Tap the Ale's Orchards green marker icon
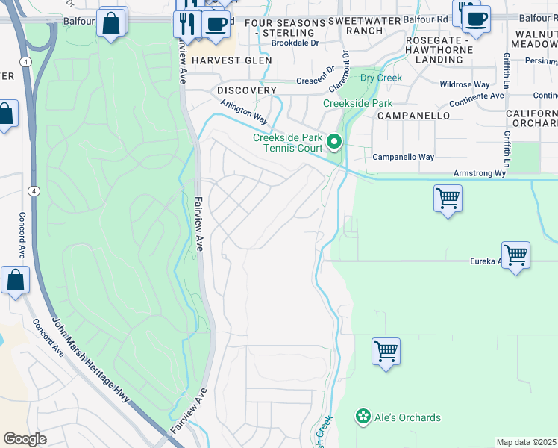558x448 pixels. [x=363, y=417]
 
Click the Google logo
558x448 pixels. [x=25, y=439]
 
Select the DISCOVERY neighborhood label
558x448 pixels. [x=247, y=90]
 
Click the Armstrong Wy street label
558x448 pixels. [x=480, y=173]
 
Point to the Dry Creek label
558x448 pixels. [x=380, y=78]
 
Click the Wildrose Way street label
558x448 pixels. [x=465, y=84]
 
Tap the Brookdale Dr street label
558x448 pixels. [x=295, y=43]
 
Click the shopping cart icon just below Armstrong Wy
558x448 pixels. [x=448, y=199]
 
